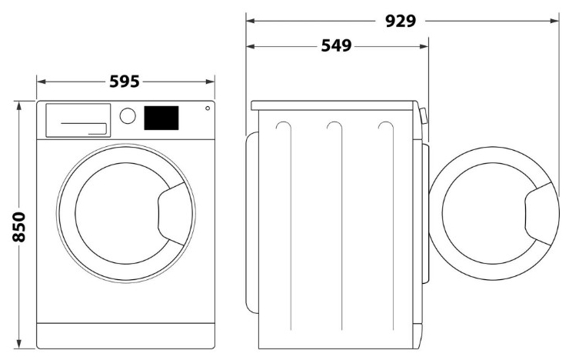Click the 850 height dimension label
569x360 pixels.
click(20, 227)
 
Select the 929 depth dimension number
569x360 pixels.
click(401, 22)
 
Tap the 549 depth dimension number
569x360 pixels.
click(335, 46)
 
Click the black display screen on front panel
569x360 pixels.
click(161, 118)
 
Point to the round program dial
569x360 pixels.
click(128, 116)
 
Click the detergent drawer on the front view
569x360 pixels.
click(78, 121)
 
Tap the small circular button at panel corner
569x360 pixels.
click(208, 108)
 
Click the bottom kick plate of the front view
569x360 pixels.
click(125, 335)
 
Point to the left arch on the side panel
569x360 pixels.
click(284, 127)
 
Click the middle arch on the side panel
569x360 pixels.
click(334, 127)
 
